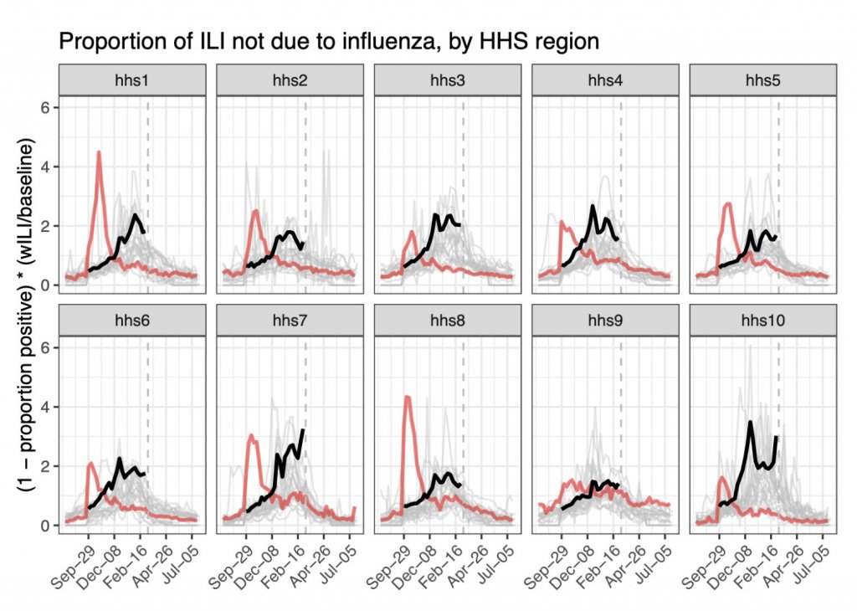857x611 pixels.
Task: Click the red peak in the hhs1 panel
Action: click(x=99, y=152)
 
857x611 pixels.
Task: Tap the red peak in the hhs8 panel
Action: click(x=406, y=397)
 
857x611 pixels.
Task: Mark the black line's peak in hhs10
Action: click(x=751, y=423)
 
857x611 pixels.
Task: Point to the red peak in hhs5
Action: click(x=729, y=203)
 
